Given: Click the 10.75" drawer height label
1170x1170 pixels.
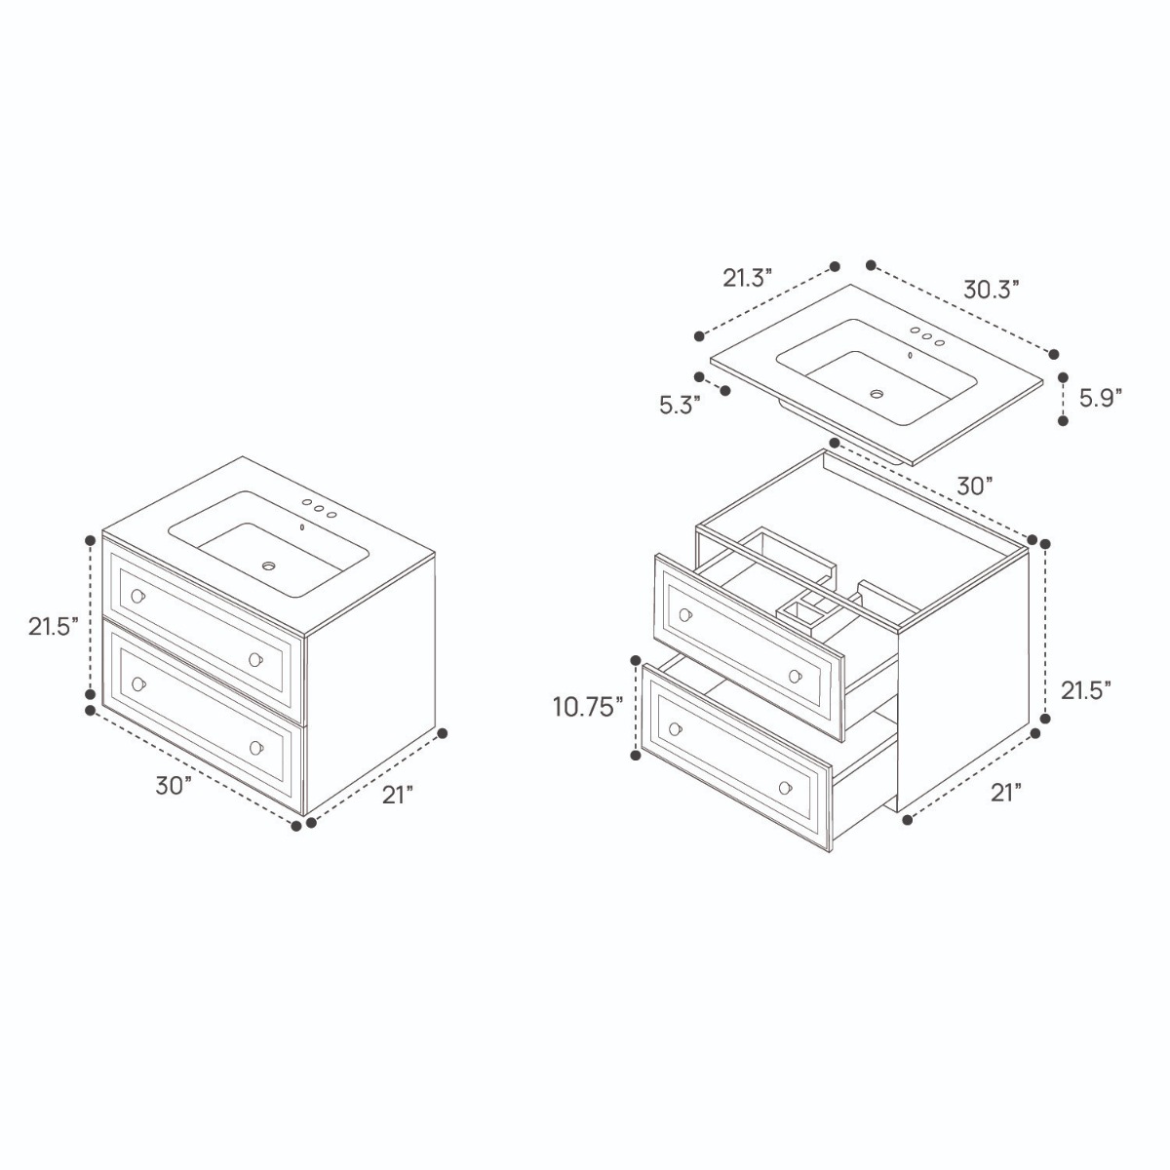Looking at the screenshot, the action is pyautogui.click(x=588, y=707).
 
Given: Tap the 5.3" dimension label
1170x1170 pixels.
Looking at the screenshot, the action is pyautogui.click(x=681, y=405).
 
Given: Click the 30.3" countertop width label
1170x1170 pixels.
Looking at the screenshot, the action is pyautogui.click(x=991, y=289).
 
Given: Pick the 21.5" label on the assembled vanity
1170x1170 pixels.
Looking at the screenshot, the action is pyautogui.click(x=54, y=627).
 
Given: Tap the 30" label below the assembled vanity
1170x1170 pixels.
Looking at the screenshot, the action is pyautogui.click(x=174, y=786).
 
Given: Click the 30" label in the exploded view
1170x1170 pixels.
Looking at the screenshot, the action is pyautogui.click(x=975, y=486).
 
